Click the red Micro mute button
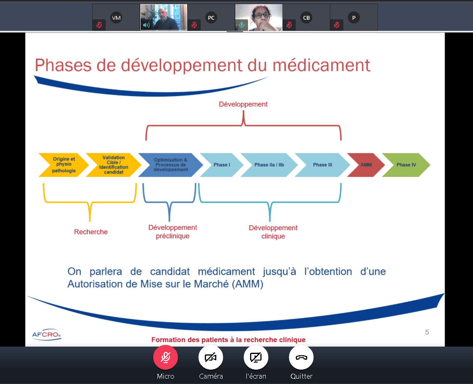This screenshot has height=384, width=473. (x=165, y=357)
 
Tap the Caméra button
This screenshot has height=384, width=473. (x=211, y=357)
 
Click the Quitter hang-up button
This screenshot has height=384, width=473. (x=301, y=357)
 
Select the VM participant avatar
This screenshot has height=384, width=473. (x=116, y=18)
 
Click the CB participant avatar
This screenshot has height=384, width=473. (x=306, y=18)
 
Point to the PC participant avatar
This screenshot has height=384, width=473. (x=211, y=18)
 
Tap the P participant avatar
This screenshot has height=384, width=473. (x=354, y=18)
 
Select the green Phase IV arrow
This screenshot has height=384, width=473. (x=406, y=165)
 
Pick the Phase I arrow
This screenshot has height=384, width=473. (x=222, y=165)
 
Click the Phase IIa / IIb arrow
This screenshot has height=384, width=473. (x=269, y=165)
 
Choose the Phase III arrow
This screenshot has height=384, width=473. (x=322, y=165)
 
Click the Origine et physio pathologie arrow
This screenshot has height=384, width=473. (x=64, y=165)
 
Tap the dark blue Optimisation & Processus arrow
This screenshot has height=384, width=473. (x=171, y=165)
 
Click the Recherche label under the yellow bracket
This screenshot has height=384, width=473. (x=91, y=232)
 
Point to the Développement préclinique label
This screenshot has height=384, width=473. (x=173, y=231)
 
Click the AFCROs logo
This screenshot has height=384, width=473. (x=46, y=335)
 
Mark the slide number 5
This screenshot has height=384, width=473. (x=427, y=332)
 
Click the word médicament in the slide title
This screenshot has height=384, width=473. (x=321, y=65)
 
